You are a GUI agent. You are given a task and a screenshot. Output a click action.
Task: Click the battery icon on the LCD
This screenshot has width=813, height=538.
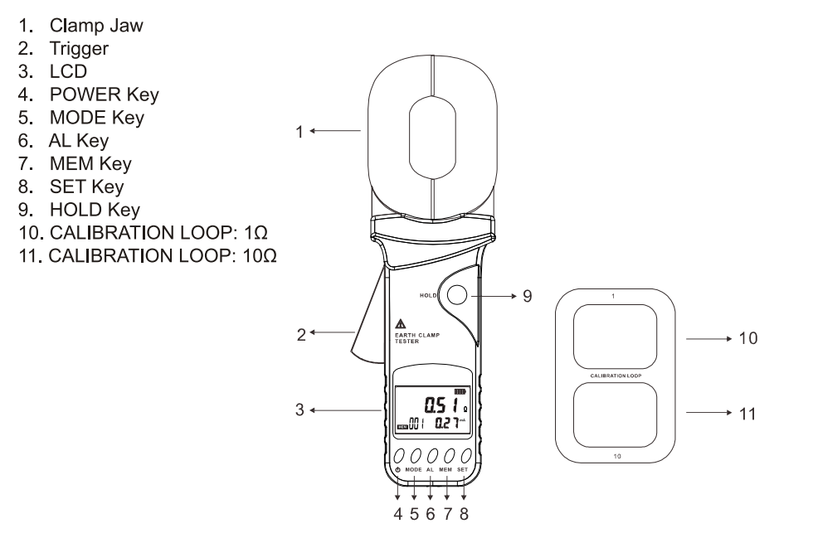click(x=460, y=390)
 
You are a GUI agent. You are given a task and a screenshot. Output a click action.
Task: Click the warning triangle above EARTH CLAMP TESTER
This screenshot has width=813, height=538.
click(x=401, y=323)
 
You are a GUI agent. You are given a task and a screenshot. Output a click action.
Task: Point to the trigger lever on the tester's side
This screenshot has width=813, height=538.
click(x=366, y=332)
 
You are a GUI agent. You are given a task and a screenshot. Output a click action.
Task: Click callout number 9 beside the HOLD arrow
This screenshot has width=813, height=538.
click(x=528, y=293)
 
